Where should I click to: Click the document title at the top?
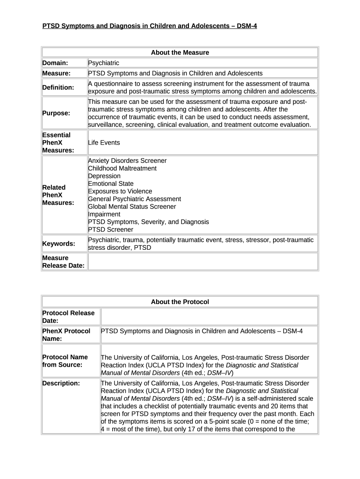(x=150, y=26)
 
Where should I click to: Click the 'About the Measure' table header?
(x=180, y=52)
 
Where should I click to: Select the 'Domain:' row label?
(x=55, y=63)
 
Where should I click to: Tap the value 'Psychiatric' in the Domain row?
(x=103, y=63)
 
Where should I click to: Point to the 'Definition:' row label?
(x=58, y=87)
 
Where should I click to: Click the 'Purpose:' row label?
(x=56, y=113)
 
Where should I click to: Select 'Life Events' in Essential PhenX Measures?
(x=104, y=143)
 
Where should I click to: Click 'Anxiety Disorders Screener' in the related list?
(x=127, y=160)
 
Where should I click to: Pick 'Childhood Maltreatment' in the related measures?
(x=122, y=168)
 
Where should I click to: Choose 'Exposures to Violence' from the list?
(x=120, y=191)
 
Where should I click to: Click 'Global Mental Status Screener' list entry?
(x=132, y=206)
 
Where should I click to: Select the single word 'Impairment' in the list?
(x=104, y=214)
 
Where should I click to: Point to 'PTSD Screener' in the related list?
(x=110, y=230)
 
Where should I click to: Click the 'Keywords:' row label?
(x=58, y=244)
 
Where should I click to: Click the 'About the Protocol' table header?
(x=180, y=302)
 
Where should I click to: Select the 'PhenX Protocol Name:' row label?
(x=66, y=335)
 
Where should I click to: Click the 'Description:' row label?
(x=61, y=384)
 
